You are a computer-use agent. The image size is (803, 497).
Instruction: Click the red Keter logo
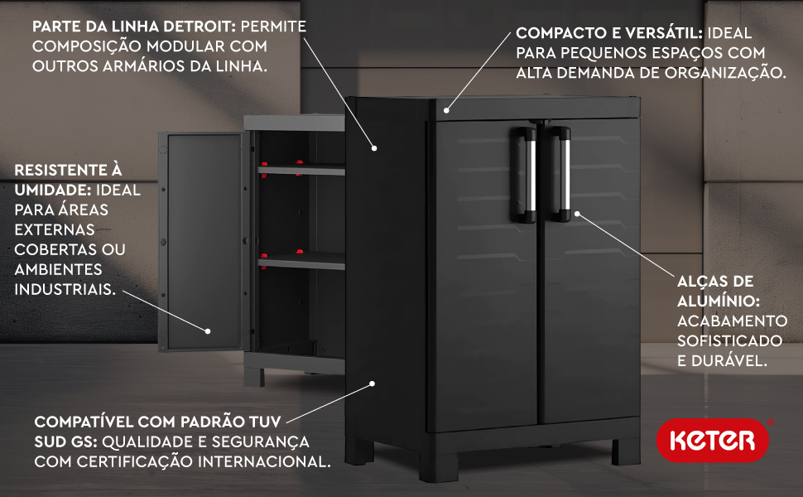click(713, 440)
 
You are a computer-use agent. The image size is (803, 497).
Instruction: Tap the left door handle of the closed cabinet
click(523, 175)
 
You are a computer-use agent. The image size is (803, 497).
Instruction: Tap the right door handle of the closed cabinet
click(558, 175)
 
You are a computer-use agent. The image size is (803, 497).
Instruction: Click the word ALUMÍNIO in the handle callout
click(718, 301)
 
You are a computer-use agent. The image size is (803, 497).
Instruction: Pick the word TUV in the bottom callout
click(265, 422)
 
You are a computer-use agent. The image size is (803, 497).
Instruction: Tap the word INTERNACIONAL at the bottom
click(264, 461)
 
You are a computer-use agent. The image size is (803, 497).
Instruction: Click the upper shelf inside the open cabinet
click(301, 170)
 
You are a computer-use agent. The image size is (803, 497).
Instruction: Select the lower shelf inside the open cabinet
click(301, 261)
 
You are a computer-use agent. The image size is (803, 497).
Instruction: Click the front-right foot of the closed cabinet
click(627, 450)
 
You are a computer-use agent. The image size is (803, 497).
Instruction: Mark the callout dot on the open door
click(208, 331)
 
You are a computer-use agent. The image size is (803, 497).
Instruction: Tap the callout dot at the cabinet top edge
click(446, 110)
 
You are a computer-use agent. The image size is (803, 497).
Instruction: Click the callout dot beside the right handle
click(577, 214)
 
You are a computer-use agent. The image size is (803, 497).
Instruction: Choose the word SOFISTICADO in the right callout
click(730, 340)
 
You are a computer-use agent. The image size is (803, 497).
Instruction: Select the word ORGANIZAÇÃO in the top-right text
click(725, 73)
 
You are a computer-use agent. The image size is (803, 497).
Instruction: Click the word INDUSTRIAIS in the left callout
click(65, 289)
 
